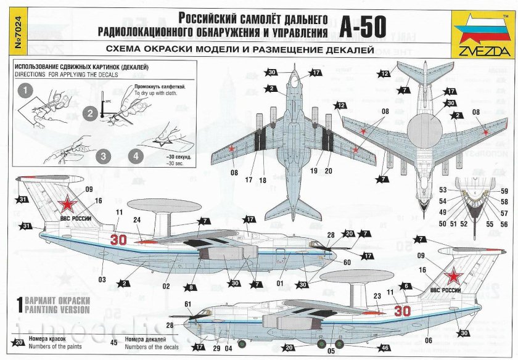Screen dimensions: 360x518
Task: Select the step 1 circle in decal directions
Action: (25, 91)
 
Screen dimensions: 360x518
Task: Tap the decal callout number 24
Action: (138, 219)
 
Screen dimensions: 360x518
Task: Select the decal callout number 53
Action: (443, 190)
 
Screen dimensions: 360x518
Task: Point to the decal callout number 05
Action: (332, 351)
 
